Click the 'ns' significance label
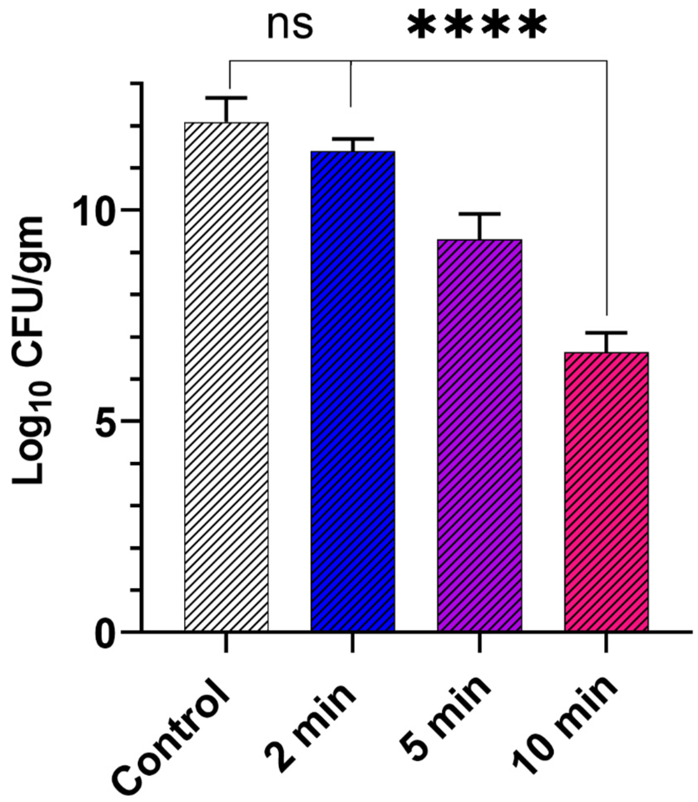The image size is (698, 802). (290, 26)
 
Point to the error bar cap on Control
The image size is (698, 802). (226, 98)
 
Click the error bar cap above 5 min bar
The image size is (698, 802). (479, 214)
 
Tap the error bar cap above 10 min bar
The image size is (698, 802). (606, 332)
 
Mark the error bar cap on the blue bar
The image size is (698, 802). (353, 138)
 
